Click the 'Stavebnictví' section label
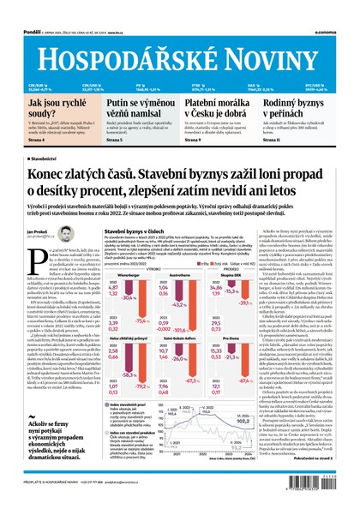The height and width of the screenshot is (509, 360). coord(43,159)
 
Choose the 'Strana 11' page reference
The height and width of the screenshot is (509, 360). coord(296,140)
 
